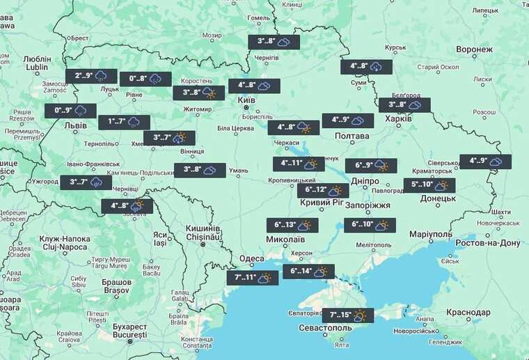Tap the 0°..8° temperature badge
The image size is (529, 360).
(145, 79)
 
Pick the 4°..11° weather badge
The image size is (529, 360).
(299, 164)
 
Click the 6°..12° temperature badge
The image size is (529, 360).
(323, 190)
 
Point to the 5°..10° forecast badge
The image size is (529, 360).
(429, 185)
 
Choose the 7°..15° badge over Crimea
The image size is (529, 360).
(347, 315)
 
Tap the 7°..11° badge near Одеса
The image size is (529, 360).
(252, 278)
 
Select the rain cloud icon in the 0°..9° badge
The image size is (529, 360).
(81, 110)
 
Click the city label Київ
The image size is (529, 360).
(246, 100)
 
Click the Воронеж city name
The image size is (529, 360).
(474, 50)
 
